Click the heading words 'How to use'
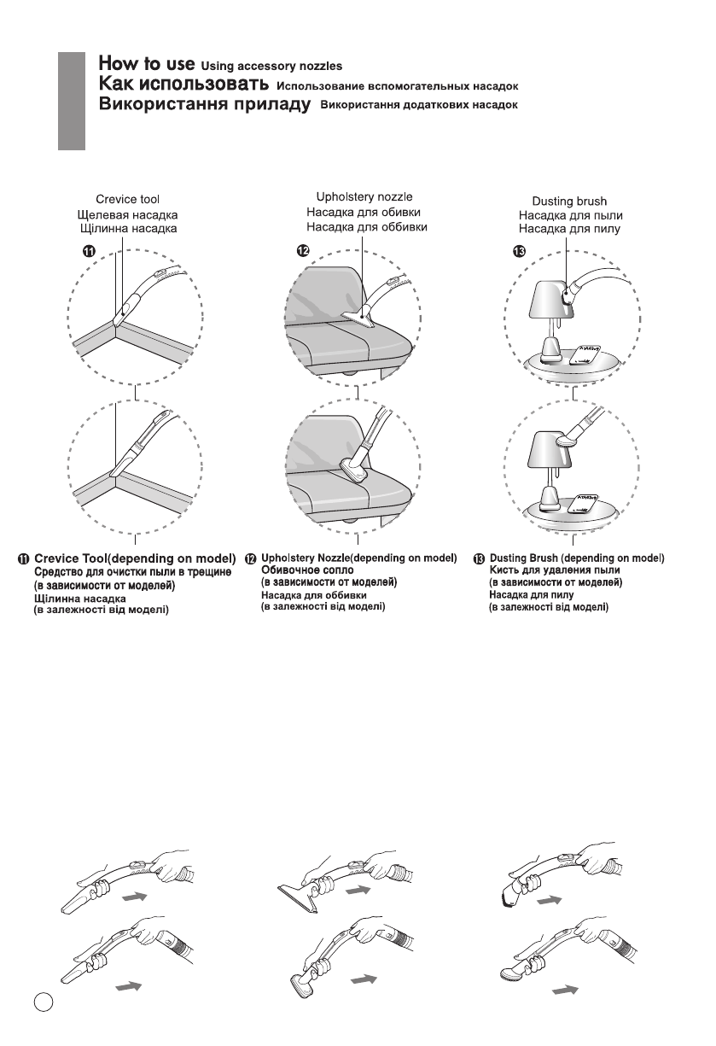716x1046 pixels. (147, 63)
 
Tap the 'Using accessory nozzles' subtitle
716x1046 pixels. (273, 66)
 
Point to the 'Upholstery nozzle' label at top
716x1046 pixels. (364, 197)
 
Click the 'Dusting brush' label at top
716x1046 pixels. (568, 201)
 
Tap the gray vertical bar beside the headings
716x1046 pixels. (73, 99)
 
